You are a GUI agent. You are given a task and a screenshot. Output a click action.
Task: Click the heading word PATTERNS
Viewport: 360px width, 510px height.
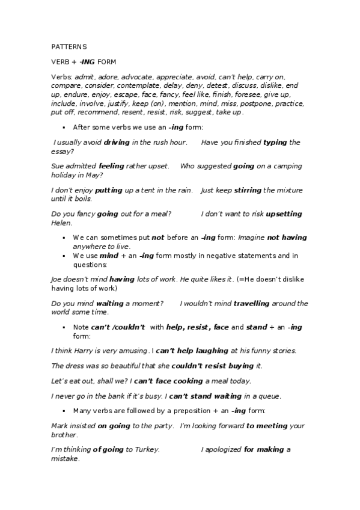[x=69, y=46]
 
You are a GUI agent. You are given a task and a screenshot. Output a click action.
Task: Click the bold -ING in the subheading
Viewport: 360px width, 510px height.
[x=88, y=61]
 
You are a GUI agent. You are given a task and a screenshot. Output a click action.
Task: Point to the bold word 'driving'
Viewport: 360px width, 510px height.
[x=117, y=143]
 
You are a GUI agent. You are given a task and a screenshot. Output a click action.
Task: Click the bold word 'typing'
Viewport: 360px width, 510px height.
[x=275, y=143]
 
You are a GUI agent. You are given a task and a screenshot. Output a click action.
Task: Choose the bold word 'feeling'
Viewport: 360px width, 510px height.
[x=111, y=166]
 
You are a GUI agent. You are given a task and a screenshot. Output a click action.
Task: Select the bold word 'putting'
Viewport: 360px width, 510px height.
[x=109, y=190]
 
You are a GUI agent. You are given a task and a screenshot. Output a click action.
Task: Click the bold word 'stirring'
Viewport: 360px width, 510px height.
[x=248, y=190]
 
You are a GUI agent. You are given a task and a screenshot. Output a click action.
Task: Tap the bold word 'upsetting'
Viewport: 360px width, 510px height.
[x=284, y=214]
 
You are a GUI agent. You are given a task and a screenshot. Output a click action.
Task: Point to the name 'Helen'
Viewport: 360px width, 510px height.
[x=61, y=223]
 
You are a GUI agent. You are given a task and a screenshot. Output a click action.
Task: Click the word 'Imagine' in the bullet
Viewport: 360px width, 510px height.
[x=251, y=238]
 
